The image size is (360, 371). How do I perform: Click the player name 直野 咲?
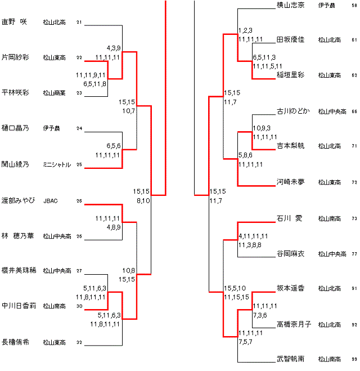click(14, 22)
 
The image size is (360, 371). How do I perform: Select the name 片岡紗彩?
click(16, 57)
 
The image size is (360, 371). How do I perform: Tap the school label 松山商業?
click(55, 93)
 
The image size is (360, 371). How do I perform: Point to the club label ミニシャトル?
click(57, 164)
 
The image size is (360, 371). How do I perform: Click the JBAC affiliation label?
click(51, 200)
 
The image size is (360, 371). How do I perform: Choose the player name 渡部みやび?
click(19, 200)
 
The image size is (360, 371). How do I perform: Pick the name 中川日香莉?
click(19, 306)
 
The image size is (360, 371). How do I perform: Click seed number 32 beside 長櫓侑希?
click(79, 342)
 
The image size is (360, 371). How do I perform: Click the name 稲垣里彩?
click(291, 75)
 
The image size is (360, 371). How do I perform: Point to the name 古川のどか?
click(293, 111)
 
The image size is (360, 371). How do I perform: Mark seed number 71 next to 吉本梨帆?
click(354, 146)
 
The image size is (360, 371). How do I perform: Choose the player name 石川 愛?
click(290, 218)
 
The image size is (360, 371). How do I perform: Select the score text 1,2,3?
click(245, 30)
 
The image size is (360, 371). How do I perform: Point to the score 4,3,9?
click(114, 48)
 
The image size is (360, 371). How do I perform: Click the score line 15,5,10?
click(236, 288)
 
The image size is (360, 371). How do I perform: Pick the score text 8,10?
click(143, 200)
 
